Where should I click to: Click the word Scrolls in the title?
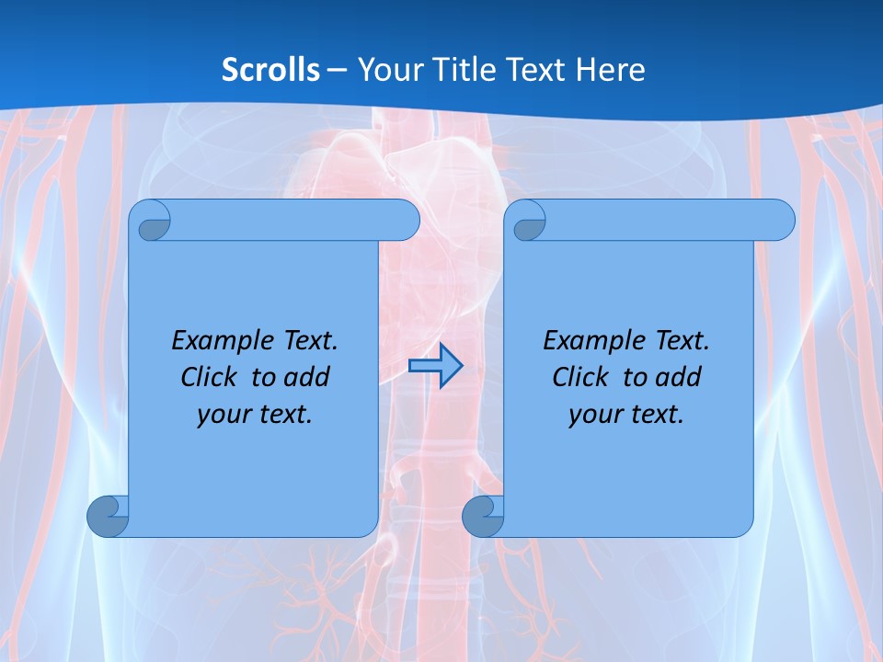(x=270, y=70)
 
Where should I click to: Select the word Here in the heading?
(x=611, y=70)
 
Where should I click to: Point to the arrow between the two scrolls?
(x=435, y=366)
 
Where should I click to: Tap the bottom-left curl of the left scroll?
(x=108, y=517)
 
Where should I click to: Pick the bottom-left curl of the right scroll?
(x=482, y=517)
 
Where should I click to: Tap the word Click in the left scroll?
(x=209, y=377)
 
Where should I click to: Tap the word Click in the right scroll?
(x=580, y=377)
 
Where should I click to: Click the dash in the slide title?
(x=338, y=70)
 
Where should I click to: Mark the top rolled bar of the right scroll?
(x=662, y=220)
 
